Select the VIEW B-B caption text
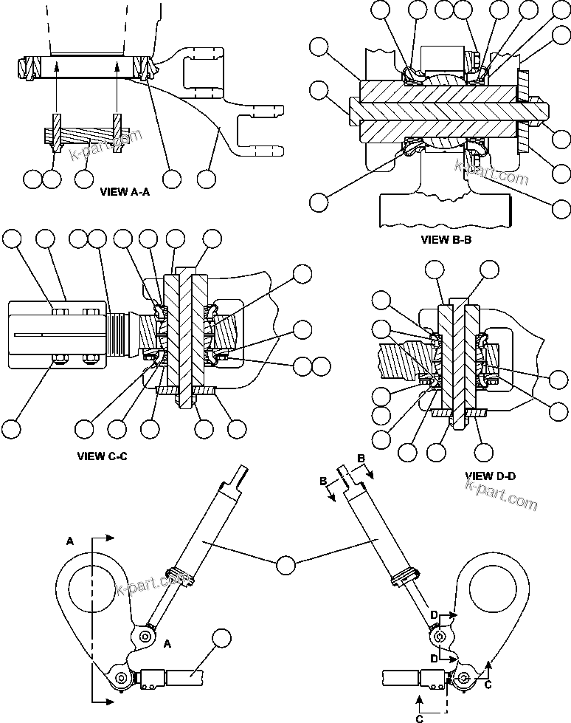[x=446, y=239]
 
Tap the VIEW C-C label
[x=103, y=456]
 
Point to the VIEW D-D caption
[x=491, y=476]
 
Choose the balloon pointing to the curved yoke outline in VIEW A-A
[x=207, y=178]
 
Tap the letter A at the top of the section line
[x=70, y=541]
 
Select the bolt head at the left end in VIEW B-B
[x=352, y=108]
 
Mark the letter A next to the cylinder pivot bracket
[x=167, y=643]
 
